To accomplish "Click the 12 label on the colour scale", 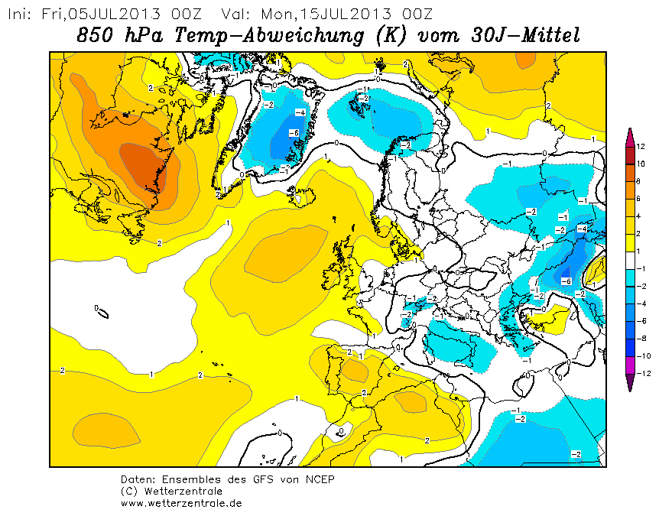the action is pyautogui.click(x=641, y=147).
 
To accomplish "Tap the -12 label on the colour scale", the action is pyautogui.click(x=643, y=374).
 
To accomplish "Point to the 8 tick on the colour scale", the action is pyautogui.click(x=638, y=181).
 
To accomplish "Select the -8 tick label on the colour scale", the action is pyautogui.click(x=641, y=339).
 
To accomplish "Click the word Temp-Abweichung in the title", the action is pyautogui.click(x=269, y=35).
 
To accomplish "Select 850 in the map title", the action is pyautogui.click(x=95, y=35).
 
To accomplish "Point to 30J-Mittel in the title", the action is pyautogui.click(x=525, y=35).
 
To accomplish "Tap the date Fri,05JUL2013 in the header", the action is pyautogui.click(x=101, y=15).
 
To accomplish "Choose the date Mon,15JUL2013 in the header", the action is pyautogui.click(x=326, y=15).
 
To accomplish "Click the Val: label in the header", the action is pyautogui.click(x=235, y=15).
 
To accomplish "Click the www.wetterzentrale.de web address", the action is pyautogui.click(x=181, y=503).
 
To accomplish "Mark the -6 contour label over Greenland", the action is pyautogui.click(x=294, y=133).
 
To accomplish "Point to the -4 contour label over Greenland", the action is pyautogui.click(x=300, y=112).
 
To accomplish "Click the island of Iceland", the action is pyautogui.click(x=301, y=196).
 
